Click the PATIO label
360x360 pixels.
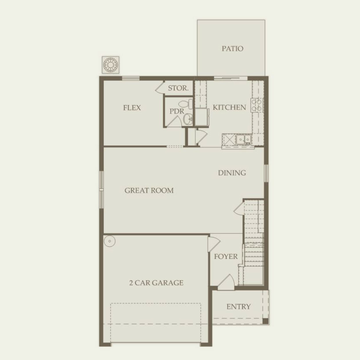click(x=232, y=48)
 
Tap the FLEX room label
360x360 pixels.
click(x=132, y=108)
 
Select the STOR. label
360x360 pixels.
click(x=178, y=88)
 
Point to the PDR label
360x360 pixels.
click(x=177, y=111)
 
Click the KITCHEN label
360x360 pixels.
click(x=229, y=107)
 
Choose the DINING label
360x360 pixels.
click(x=232, y=173)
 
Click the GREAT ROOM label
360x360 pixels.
click(x=149, y=190)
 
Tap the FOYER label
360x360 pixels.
click(x=226, y=256)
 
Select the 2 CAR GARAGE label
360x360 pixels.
click(x=156, y=283)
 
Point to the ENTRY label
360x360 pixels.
click(x=238, y=307)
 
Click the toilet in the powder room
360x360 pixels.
click(x=186, y=104)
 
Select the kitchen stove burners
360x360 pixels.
click(x=257, y=105)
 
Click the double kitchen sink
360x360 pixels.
click(x=243, y=139)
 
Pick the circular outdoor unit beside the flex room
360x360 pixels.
click(x=111, y=64)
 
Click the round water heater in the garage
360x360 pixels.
click(x=110, y=241)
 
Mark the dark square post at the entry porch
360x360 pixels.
click(x=265, y=321)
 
